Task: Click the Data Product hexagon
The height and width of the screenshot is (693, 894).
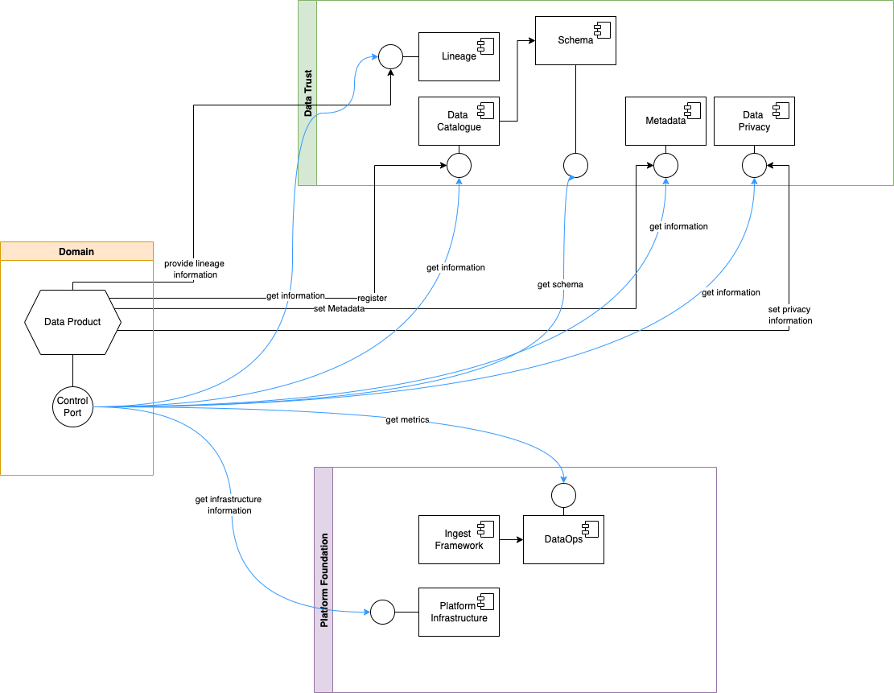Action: tap(72, 322)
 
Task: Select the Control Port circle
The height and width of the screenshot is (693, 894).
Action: tap(73, 406)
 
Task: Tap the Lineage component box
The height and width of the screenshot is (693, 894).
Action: tap(459, 56)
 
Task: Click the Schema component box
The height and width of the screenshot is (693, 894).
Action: tap(575, 40)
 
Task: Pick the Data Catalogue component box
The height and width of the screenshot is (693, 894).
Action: tap(459, 121)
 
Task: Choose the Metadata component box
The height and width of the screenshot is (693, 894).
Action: tap(665, 121)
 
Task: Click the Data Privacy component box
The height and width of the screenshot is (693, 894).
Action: tap(754, 121)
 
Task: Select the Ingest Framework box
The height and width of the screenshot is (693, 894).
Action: tap(459, 539)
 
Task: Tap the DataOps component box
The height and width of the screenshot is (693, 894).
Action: tap(563, 539)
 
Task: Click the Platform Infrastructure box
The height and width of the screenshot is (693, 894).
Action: tap(459, 612)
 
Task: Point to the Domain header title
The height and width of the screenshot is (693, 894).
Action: tap(76, 252)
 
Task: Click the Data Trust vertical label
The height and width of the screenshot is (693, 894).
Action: tap(308, 93)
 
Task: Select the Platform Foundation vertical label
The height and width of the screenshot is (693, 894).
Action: tap(324, 580)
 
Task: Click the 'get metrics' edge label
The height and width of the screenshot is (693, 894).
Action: tap(407, 419)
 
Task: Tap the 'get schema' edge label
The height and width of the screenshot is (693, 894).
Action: tap(560, 284)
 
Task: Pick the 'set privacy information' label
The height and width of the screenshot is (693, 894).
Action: tap(789, 315)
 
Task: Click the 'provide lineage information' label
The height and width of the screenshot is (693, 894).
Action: tap(194, 269)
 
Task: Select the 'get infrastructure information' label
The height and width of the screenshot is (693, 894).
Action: tap(229, 505)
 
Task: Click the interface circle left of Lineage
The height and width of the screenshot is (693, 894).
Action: tap(390, 56)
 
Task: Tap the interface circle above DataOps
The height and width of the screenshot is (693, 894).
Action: tap(563, 495)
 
